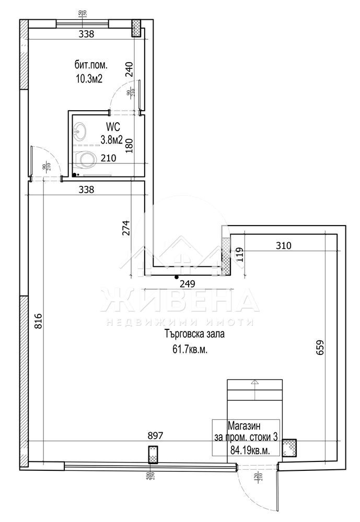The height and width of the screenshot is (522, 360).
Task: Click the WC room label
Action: click(113, 126)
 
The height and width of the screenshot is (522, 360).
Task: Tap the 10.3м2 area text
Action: click(88, 79)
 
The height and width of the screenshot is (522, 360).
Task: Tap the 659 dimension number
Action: click(320, 349)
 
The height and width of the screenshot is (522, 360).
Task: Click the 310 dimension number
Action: click(282, 245)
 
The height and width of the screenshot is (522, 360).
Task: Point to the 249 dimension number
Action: click(187, 284)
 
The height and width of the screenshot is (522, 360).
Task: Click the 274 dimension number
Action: click(125, 228)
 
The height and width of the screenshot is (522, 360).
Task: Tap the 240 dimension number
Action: click(130, 69)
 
